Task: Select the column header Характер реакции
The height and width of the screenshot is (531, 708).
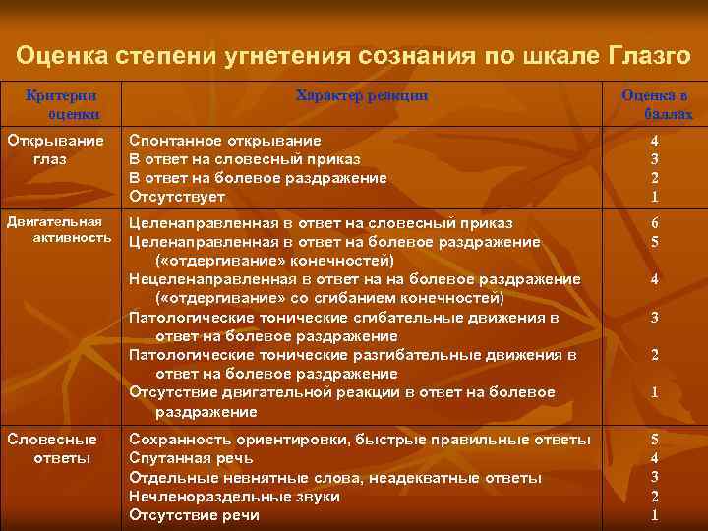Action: coord(362,95)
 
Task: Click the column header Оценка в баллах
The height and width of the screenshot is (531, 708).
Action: coord(655,104)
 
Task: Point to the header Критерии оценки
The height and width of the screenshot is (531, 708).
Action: coord(61,104)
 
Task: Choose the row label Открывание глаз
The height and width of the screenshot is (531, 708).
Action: coord(55,149)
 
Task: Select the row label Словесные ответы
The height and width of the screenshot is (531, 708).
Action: coord(52,448)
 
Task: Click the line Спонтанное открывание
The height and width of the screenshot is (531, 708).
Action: coord(225,141)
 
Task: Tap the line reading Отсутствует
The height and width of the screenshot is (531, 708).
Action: coord(177,197)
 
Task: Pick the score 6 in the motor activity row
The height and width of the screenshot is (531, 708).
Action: coord(655,223)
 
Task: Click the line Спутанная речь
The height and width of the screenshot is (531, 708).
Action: coord(191,458)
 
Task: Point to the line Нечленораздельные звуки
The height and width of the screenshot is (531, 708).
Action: coord(234,497)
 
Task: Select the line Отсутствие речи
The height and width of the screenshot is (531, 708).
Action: coord(194,515)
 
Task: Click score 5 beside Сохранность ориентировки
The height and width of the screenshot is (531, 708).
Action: coord(655,440)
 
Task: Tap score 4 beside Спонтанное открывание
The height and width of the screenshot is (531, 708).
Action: coord(655,141)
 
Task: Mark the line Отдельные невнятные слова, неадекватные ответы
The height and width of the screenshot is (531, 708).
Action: coord(335,478)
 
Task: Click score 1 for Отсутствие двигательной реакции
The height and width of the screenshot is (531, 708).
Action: coord(655,393)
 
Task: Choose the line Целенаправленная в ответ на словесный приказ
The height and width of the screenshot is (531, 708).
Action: coord(321,223)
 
